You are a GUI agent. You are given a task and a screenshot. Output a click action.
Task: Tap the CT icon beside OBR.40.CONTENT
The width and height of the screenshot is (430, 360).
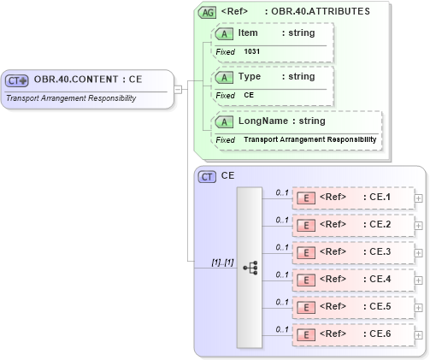point(17,80)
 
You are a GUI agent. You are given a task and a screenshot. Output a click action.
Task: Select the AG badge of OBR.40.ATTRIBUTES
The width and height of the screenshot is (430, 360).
point(207,13)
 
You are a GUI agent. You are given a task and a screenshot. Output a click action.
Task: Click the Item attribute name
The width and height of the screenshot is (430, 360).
point(248,32)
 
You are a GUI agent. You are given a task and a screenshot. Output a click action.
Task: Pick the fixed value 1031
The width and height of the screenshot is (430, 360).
point(252,51)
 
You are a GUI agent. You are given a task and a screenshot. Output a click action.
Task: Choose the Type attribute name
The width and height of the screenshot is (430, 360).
point(249,76)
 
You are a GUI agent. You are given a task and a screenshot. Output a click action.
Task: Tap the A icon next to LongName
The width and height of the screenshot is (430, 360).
point(225,121)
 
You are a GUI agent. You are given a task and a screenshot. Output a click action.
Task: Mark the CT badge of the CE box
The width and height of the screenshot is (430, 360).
point(207,176)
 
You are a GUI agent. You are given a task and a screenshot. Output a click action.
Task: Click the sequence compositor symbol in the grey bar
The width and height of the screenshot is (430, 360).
point(250,268)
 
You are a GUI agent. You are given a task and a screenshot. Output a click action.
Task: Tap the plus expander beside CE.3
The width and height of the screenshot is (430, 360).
point(418,252)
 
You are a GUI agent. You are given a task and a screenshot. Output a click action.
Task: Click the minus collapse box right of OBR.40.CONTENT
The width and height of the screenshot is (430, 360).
point(177,88)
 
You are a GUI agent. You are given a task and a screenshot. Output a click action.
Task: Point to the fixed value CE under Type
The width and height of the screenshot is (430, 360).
point(249,95)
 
